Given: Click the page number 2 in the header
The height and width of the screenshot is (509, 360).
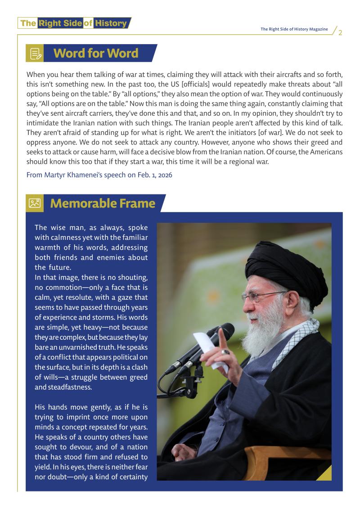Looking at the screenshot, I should click(340, 32).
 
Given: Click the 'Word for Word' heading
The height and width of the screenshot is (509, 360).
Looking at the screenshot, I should click(95, 53).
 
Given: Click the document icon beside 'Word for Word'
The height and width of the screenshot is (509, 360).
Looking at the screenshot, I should click(36, 54).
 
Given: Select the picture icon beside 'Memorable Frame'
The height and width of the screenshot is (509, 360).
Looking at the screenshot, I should click(35, 203).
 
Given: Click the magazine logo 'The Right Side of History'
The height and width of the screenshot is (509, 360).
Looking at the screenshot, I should click(74, 23).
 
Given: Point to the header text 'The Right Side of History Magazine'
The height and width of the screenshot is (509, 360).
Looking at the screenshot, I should click(294, 29).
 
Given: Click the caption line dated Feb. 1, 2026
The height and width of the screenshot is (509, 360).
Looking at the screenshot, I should click(99, 175).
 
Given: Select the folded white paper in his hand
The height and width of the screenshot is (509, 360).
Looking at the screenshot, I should click(211, 349).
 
